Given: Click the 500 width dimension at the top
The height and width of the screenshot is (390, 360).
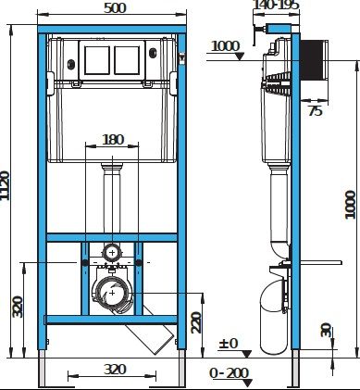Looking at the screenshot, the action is pos(115,8).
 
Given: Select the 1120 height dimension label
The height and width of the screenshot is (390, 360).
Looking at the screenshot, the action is pos(5,185).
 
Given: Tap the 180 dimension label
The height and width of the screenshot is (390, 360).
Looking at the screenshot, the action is pos(113,140).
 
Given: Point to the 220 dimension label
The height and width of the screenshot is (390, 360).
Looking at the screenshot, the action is pos(196,322).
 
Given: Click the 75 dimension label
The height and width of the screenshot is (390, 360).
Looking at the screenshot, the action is pos(316,111).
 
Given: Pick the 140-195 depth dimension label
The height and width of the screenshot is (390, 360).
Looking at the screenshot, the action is pos(276,5).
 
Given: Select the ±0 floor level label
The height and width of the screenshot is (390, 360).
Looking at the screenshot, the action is pos(229,343).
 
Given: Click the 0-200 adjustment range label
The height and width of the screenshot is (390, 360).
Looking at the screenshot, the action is pos(229,373).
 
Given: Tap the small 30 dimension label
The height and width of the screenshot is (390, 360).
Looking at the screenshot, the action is pos(326,330).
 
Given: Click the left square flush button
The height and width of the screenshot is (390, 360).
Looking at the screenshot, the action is pos(97,60).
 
